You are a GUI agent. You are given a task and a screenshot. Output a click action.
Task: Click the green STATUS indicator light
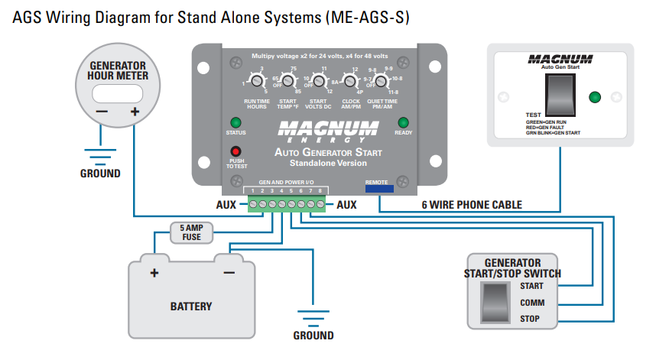tap(235, 123)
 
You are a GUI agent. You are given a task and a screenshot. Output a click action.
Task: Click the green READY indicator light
tap(403, 122)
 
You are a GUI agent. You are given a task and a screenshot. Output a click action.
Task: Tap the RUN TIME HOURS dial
tap(255, 81)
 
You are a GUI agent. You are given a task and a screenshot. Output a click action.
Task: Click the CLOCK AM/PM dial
tap(349, 80)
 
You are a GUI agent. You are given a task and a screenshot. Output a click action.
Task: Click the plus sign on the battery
tap(154, 273)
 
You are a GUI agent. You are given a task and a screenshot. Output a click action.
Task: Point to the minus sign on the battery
tap(229, 273)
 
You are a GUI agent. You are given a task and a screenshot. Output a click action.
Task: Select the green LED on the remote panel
tap(596, 97)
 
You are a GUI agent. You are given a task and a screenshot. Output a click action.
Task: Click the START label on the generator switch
tap(531, 286)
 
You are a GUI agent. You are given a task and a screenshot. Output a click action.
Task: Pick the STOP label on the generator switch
tap(530, 318)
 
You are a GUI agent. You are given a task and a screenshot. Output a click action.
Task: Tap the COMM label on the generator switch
tap(531, 302)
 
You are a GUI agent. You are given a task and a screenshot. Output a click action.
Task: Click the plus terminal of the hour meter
tap(135, 112)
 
